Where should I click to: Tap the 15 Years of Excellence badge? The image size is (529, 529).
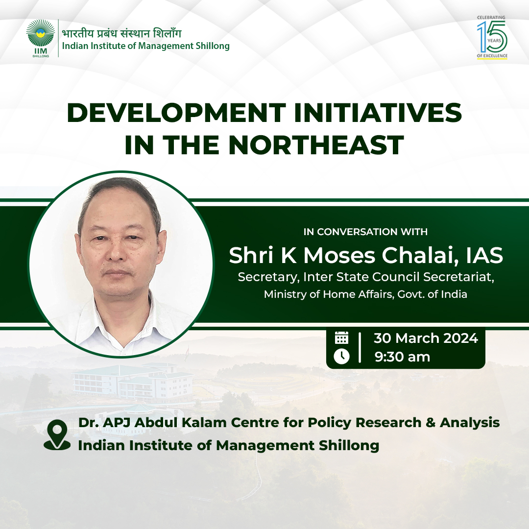pyautogui.click(x=492, y=37)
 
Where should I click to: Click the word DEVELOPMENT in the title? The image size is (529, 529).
pyautogui.click(x=176, y=113)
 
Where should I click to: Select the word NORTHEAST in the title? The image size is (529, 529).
pyautogui.click(x=316, y=145)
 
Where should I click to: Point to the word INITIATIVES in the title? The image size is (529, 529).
pyautogui.click(x=378, y=113)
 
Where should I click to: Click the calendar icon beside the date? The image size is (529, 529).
pyautogui.click(x=341, y=337)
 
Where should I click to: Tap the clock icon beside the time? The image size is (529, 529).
pyautogui.click(x=341, y=356)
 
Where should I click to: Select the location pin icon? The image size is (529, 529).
pyautogui.click(x=57, y=435)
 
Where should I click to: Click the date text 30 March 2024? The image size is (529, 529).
pyautogui.click(x=426, y=338)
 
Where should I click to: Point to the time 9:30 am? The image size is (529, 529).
pyautogui.click(x=402, y=357)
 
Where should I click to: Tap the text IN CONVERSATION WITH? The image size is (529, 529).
pyautogui.click(x=365, y=232)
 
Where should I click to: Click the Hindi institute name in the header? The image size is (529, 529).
pyautogui.click(x=121, y=33)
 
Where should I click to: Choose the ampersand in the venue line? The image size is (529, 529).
pyautogui.click(x=431, y=423)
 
